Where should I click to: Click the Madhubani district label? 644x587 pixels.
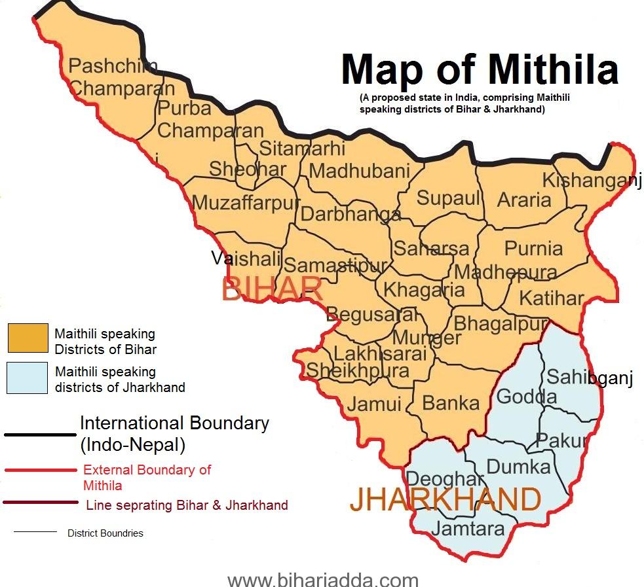click(359, 171)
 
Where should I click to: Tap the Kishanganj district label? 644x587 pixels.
click(591, 181)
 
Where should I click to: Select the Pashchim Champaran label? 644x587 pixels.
click(122, 77)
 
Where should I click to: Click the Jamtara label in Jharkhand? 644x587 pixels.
click(468, 529)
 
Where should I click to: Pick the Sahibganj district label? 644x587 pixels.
click(589, 378)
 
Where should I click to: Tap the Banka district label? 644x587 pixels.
click(451, 403)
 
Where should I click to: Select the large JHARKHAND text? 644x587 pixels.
click(445, 500)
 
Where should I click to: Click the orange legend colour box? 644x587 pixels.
click(28, 338)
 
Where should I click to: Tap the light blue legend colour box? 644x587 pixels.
click(28, 378)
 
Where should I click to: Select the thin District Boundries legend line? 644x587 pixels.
click(35, 532)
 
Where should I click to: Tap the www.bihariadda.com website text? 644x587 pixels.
click(322, 579)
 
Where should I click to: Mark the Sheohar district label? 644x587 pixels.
click(247, 169)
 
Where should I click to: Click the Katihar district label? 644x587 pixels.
click(551, 298)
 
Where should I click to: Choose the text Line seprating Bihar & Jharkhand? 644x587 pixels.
click(187, 505)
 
